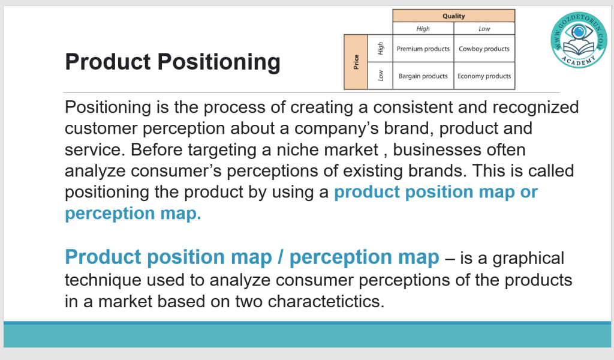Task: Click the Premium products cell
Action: pyautogui.click(x=423, y=49)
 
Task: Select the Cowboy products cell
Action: pyautogui.click(x=484, y=49)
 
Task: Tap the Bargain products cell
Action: pyautogui.click(x=423, y=76)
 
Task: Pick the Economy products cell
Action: pyautogui.click(x=484, y=76)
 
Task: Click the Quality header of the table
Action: pyautogui.click(x=453, y=16)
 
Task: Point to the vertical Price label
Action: pyautogui.click(x=356, y=62)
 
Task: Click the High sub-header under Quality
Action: pyautogui.click(x=423, y=29)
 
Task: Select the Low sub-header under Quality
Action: pyautogui.click(x=484, y=29)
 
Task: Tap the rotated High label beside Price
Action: pyautogui.click(x=380, y=49)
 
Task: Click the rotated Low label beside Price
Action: pyautogui.click(x=380, y=76)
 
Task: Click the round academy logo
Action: pyautogui.click(x=579, y=40)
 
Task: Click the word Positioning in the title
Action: pyautogui.click(x=219, y=62)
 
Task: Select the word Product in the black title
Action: pyautogui.click(x=108, y=62)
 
